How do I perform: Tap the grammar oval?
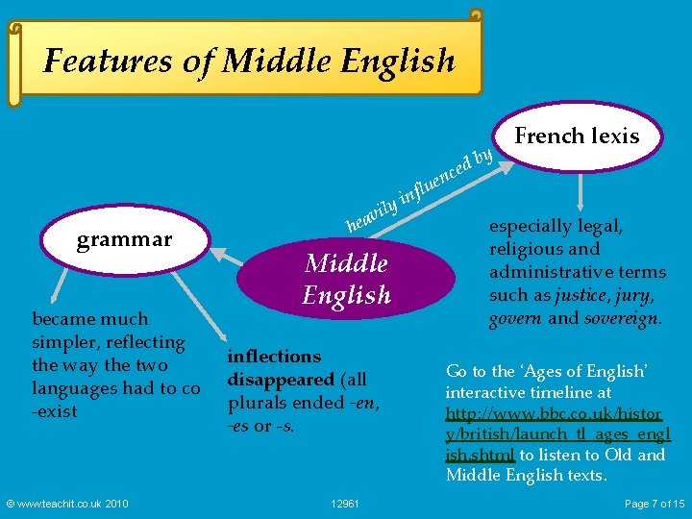coord(123,238)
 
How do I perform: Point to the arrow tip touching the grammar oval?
coord(213,252)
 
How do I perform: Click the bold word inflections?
coord(274,356)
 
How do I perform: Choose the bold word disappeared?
coord(281,379)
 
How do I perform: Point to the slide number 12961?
coord(345,504)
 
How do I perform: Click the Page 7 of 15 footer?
coord(655,504)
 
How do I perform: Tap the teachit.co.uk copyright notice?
coord(66,504)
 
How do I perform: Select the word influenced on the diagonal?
coord(435,174)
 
